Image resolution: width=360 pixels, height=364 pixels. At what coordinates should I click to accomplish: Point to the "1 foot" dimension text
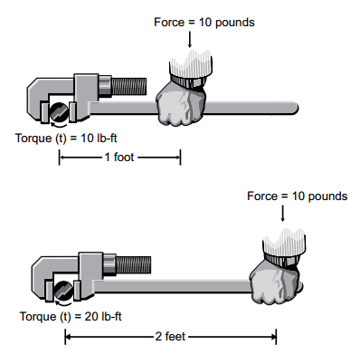pyautogui.click(x=120, y=158)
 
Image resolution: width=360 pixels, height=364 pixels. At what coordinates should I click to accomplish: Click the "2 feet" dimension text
pyautogui.click(x=171, y=337)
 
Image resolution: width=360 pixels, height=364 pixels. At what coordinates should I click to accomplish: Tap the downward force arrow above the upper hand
pyautogui.click(x=189, y=36)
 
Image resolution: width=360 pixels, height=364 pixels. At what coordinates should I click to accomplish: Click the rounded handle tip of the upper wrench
pyautogui.click(x=293, y=109)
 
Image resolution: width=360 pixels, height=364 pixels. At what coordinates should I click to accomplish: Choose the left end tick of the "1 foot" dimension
pyautogui.click(x=61, y=158)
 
